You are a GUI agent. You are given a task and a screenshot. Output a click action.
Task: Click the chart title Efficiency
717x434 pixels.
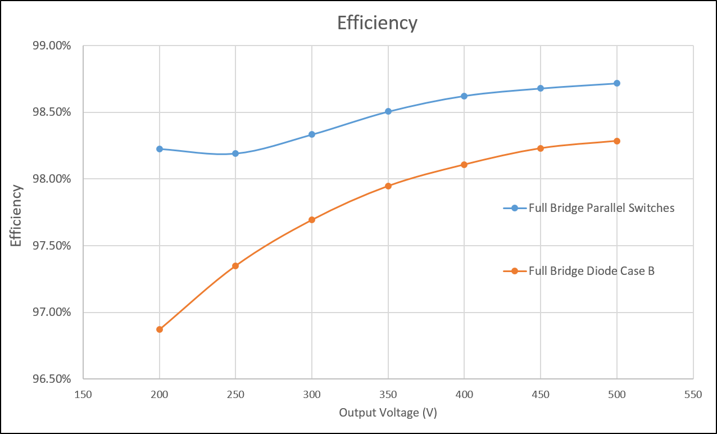pos(377,23)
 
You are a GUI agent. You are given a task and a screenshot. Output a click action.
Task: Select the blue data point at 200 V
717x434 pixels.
pos(160,149)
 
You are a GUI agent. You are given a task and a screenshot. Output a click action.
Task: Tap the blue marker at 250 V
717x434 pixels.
pos(235,153)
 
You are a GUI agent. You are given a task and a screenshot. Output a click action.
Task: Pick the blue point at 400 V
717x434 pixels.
pos(464,96)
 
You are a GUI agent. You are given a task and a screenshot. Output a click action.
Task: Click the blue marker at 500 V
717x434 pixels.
pos(617,83)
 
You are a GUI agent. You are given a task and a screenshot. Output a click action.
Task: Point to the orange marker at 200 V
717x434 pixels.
pos(160,329)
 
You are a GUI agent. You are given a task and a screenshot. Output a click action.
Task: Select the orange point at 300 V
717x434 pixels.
pos(312,220)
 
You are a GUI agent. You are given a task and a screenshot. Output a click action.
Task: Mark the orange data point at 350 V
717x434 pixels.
pos(388,186)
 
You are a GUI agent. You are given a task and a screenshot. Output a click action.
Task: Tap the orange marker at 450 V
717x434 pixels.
pos(541,148)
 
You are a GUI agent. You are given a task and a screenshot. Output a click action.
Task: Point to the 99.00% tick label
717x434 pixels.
pos(51,46)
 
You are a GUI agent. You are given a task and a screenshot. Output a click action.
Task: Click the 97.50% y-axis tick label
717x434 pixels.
pos(51,246)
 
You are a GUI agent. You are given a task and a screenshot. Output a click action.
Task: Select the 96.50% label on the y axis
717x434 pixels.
pos(51,379)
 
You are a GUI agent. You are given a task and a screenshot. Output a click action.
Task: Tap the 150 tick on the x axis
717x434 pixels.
pos(83,395)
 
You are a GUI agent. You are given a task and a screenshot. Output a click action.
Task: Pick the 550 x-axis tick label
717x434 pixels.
pos(693,395)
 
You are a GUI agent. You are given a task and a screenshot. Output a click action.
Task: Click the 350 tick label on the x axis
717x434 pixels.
pos(388,395)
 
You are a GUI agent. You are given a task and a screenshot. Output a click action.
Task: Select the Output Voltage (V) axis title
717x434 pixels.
pos(388,413)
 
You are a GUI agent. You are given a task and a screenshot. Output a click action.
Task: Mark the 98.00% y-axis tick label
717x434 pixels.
pos(51,179)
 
